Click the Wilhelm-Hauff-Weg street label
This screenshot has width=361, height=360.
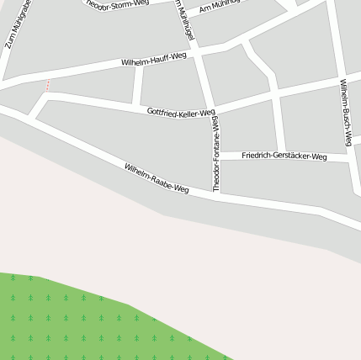click(154, 59)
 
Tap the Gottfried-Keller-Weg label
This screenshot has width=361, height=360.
click(181, 112)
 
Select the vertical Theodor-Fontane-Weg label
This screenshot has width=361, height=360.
click(216, 153)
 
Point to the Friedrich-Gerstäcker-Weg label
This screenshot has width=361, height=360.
click(284, 156)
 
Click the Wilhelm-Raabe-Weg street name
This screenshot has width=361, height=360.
click(157, 178)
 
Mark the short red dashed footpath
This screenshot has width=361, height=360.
click(48, 85)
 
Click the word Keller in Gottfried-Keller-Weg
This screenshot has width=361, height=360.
click(188, 113)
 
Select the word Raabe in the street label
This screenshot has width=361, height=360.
click(162, 181)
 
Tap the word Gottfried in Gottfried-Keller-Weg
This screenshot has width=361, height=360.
click(162, 110)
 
